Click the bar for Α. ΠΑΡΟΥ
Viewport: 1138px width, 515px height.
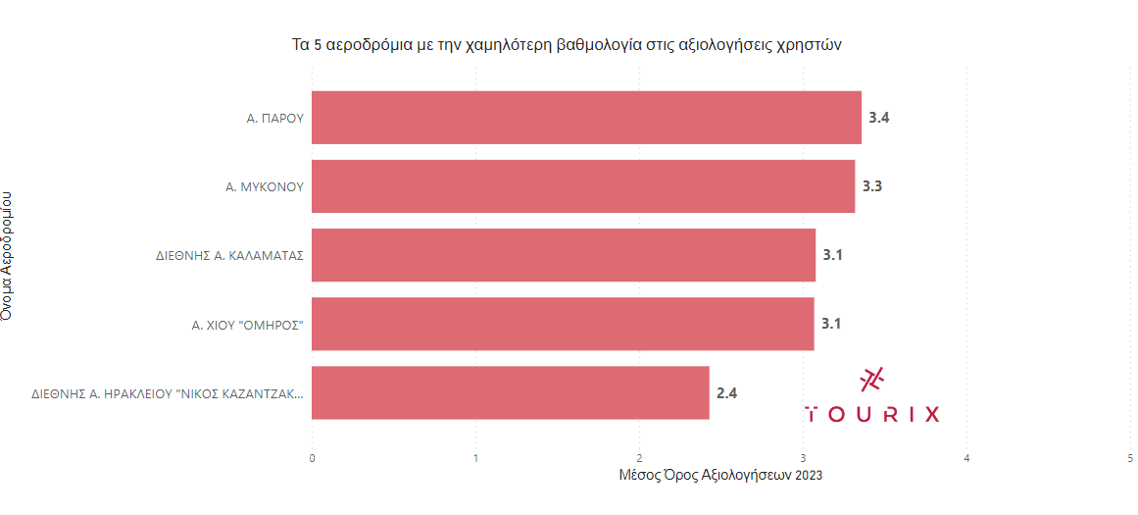[x=586, y=118]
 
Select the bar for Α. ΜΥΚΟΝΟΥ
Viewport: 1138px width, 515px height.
[x=583, y=186]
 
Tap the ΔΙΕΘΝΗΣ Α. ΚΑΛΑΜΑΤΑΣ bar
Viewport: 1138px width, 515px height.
[x=564, y=255]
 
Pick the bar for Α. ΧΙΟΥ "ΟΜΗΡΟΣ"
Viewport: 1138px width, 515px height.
[x=563, y=324]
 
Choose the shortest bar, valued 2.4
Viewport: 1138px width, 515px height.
[x=510, y=392]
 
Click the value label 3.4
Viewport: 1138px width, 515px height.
[x=879, y=118]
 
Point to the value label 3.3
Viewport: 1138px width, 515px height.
[x=872, y=186]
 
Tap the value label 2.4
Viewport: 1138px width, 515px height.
[x=726, y=393]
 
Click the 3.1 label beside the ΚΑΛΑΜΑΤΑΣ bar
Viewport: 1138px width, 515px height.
[x=833, y=255]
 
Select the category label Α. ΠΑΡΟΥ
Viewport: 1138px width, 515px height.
[x=273, y=118]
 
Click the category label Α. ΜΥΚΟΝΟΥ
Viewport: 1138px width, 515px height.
[x=264, y=186]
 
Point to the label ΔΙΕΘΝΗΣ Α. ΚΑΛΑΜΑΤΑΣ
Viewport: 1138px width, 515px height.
[x=229, y=255]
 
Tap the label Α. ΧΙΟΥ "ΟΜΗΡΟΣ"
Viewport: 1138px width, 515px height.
[x=247, y=324]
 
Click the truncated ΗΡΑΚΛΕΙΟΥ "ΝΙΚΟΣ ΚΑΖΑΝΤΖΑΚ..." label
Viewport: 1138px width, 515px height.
[x=167, y=393]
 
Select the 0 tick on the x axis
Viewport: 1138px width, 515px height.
[x=312, y=457]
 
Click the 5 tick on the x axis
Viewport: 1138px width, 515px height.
[x=1131, y=457]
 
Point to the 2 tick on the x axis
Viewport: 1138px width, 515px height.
[x=639, y=457]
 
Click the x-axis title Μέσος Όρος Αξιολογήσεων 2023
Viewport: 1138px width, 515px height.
[x=720, y=476]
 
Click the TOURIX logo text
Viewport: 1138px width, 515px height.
[x=871, y=414]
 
